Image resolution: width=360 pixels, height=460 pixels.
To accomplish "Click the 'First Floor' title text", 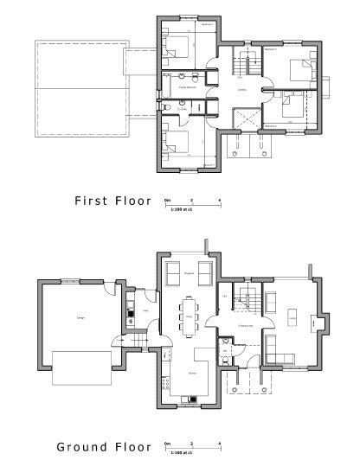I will tap(112, 201).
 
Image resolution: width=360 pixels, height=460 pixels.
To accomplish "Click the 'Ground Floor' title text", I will tap(104, 447).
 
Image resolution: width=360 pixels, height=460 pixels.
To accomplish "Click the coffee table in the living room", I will tap(291, 312).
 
